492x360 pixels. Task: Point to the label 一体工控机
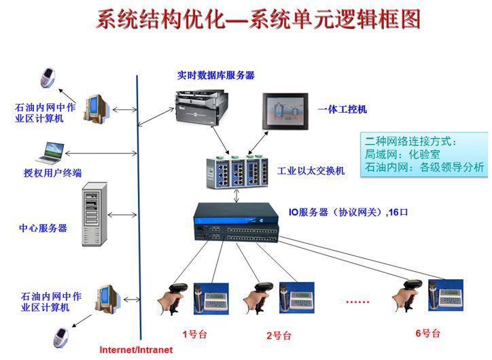[342, 109]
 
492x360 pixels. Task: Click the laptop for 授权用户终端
[54, 152]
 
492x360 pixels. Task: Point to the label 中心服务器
[43, 228]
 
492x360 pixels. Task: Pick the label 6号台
[427, 334]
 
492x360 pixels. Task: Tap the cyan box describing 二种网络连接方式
[424, 154]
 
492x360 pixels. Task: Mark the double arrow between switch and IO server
[236, 196]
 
